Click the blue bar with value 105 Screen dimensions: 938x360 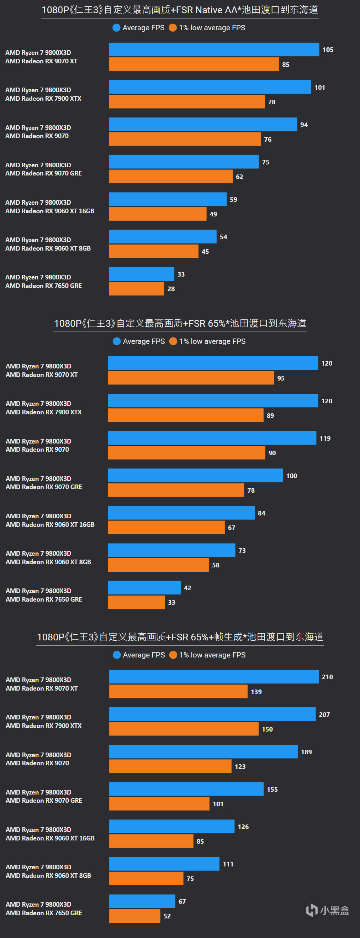(x=214, y=49)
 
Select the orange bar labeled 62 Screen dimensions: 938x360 (x=170, y=177)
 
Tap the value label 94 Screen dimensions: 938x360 (x=304, y=125)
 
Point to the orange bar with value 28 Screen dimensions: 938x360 (x=136, y=289)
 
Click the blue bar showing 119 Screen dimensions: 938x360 (x=212, y=438)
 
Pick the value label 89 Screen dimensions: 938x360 (x=270, y=415)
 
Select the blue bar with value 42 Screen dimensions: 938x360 (x=144, y=588)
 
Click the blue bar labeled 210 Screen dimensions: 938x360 (x=214, y=677)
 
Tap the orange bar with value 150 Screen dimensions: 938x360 (x=184, y=729)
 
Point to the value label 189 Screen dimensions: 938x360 (x=306, y=752)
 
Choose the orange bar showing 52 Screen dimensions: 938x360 (x=134, y=916)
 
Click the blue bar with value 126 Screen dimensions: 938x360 (x=171, y=827)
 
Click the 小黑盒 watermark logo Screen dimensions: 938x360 (x=328, y=910)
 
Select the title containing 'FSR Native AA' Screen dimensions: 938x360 (x=180, y=10)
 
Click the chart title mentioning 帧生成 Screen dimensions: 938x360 (x=180, y=637)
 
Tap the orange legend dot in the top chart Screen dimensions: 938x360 (x=173, y=28)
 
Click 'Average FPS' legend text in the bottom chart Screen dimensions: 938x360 (x=144, y=655)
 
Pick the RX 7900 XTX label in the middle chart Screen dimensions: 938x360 (x=44, y=412)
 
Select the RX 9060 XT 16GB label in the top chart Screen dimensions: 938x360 (x=50, y=211)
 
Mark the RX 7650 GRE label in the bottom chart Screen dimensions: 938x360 (x=44, y=913)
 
